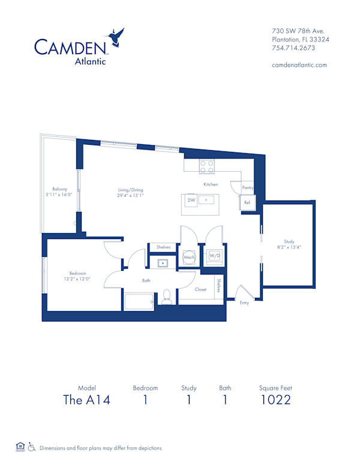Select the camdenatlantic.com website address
click(x=299, y=65)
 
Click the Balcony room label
click(x=59, y=189)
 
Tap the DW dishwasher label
click(x=191, y=200)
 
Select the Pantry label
click(x=247, y=188)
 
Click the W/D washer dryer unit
click(x=213, y=256)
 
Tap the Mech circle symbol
click(x=188, y=256)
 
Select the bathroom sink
click(x=163, y=263)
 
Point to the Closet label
click(x=201, y=289)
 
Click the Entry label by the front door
click(x=244, y=303)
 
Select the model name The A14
click(x=86, y=400)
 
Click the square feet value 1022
click(x=275, y=400)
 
